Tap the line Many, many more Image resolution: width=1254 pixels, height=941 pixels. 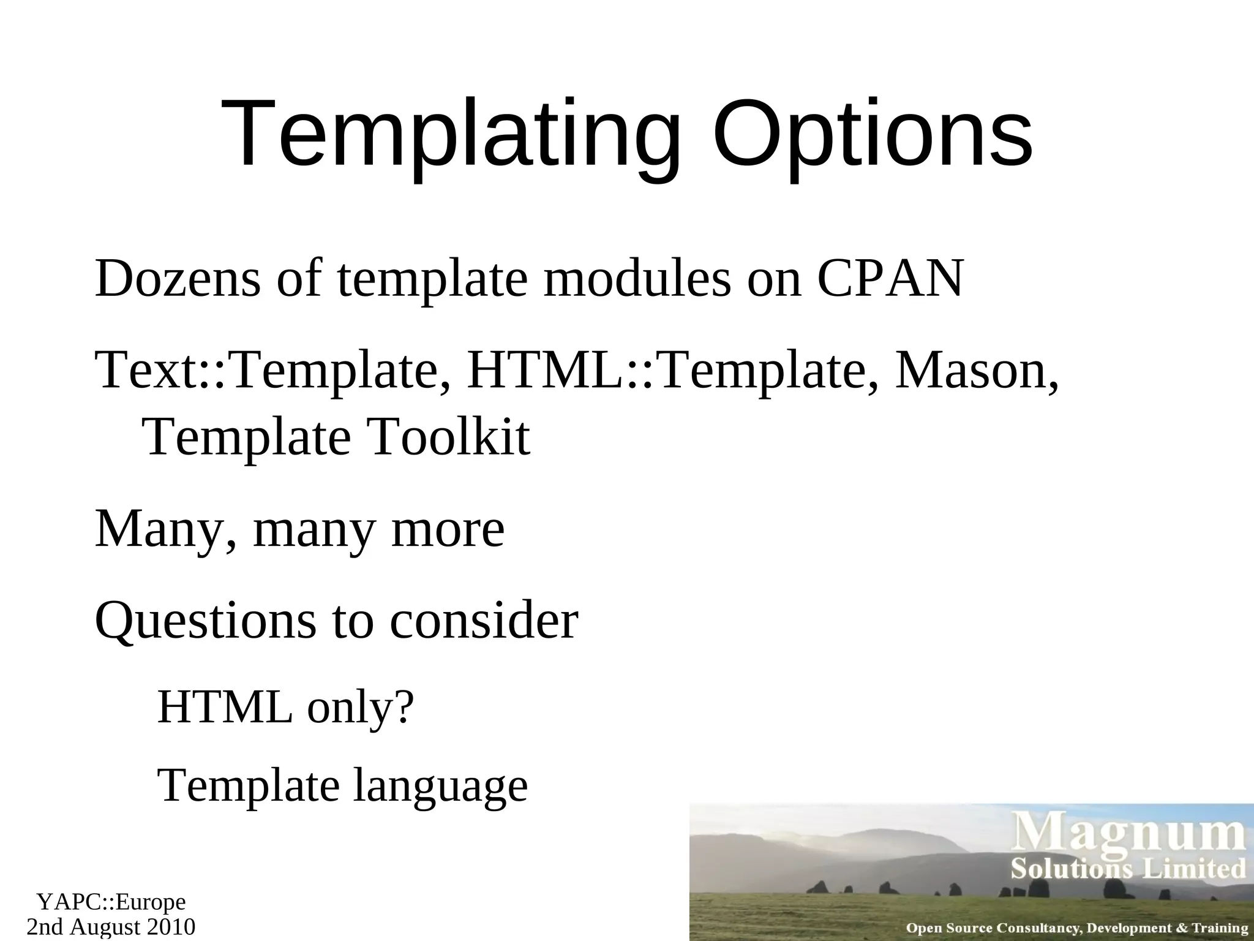tap(299, 529)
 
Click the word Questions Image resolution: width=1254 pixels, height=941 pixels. tap(206, 621)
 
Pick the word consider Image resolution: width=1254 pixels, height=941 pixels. tap(484, 621)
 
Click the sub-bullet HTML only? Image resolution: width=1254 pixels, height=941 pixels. tap(286, 708)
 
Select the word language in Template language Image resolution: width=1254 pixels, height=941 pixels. tap(440, 786)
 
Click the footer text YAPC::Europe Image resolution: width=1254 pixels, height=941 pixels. tap(111, 902)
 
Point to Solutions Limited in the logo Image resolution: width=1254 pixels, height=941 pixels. tap(1128, 869)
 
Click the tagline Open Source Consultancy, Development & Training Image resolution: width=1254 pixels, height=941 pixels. tap(1077, 928)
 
